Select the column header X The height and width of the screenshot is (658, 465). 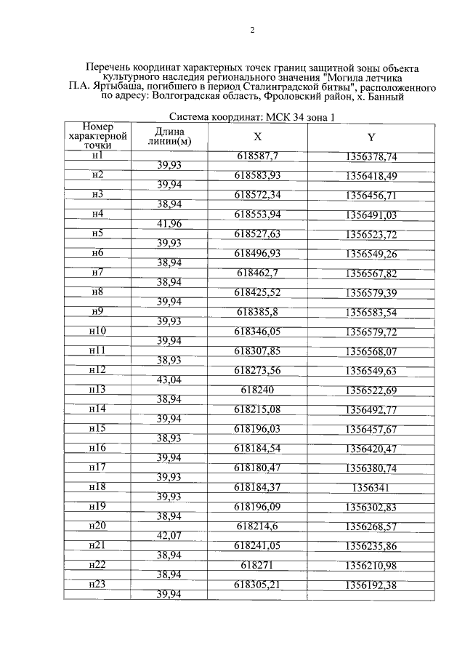tap(257, 137)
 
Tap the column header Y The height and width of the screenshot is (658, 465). tap(371, 137)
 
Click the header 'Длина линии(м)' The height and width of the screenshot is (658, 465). tap(169, 136)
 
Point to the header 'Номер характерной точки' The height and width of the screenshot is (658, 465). tap(97, 136)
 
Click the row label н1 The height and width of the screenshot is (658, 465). tap(97, 156)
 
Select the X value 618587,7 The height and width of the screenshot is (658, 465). tap(258, 156)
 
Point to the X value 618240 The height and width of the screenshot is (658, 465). tap(258, 390)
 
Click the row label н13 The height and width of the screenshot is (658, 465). tap(97, 389)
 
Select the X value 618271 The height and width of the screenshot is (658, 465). tap(258, 564)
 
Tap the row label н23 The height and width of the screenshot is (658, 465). tap(97, 583)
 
